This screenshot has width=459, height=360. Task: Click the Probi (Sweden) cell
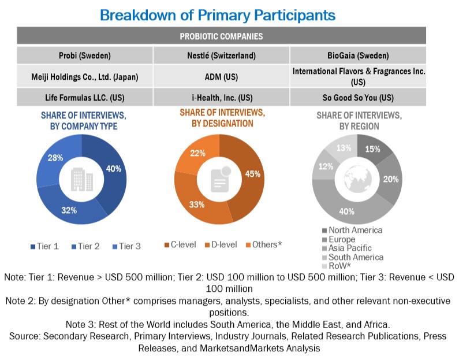pyautogui.click(x=85, y=56)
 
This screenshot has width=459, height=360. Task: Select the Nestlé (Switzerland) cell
pyautogui.click(x=222, y=56)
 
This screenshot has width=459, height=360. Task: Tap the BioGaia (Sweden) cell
pyautogui.click(x=359, y=56)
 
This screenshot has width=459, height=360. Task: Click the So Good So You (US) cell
pyautogui.click(x=359, y=97)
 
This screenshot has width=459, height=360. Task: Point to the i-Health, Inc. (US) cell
pyautogui.click(x=222, y=97)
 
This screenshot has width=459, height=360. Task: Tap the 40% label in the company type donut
pyautogui.click(x=114, y=169)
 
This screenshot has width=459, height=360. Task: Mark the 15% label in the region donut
pyautogui.click(x=372, y=149)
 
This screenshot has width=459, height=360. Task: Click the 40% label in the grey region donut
pyautogui.click(x=348, y=211)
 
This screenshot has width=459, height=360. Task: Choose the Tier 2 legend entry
pyautogui.click(x=85, y=247)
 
